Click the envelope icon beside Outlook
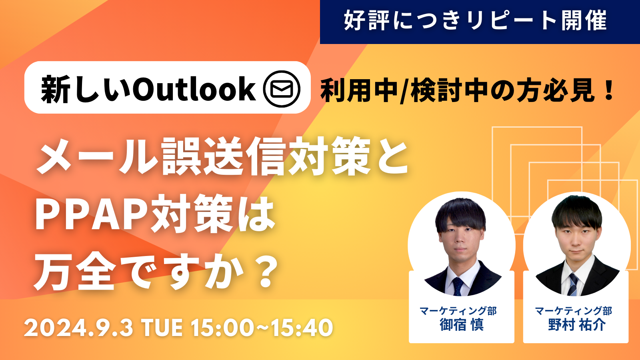coord(282,88)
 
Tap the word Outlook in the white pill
coord(194,89)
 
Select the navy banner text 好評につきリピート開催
coord(476,20)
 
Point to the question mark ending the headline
coord(266,272)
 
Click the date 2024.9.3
coord(78,328)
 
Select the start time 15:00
coord(222,328)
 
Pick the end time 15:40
coord(302,328)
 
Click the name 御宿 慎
coord(462,324)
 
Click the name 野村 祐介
coord(576,324)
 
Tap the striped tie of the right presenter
coord(572,284)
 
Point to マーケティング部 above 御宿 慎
coord(458,311)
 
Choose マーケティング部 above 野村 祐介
coord(574,311)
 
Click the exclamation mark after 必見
coord(609,90)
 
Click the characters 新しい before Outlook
coord(86,89)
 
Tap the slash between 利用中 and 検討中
coord(404,90)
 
